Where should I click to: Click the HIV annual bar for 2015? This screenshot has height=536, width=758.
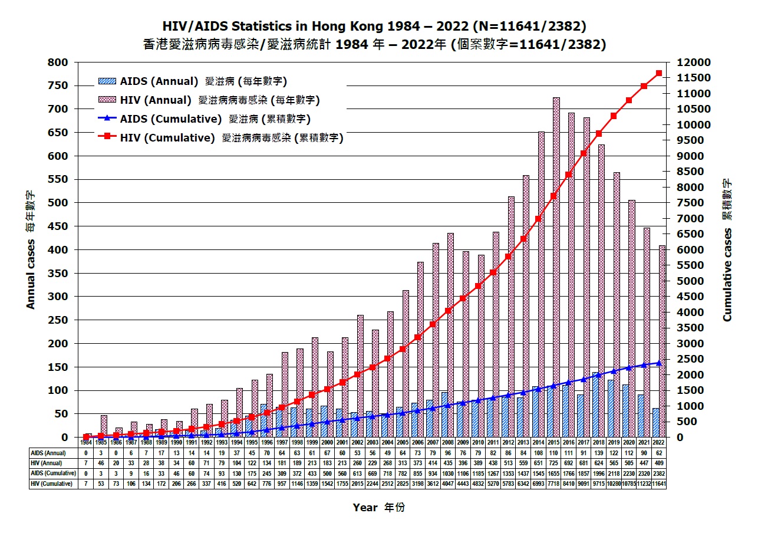click(556, 265)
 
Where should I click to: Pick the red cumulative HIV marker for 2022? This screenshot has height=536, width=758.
click(659, 73)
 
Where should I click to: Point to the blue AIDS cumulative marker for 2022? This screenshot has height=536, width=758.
click(659, 363)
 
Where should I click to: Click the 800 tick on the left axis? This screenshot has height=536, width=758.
click(60, 63)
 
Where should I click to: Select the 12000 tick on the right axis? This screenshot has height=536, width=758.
click(687, 63)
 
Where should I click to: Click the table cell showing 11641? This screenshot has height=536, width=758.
click(659, 484)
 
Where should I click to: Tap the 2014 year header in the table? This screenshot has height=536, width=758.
click(538, 442)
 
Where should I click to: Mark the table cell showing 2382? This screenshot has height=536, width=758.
click(659, 473)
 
